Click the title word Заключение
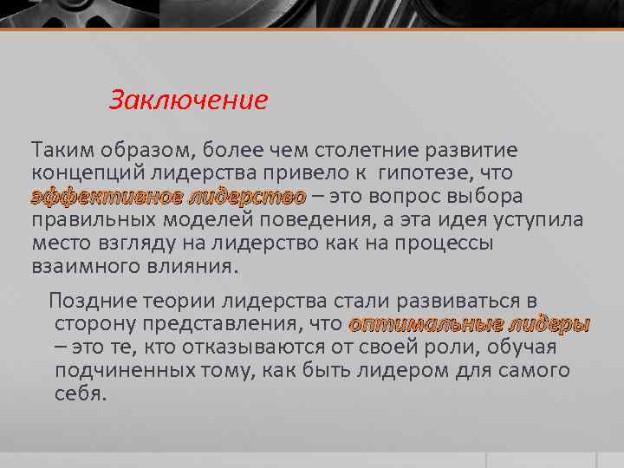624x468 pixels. [x=188, y=101]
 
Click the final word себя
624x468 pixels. [x=79, y=394]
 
